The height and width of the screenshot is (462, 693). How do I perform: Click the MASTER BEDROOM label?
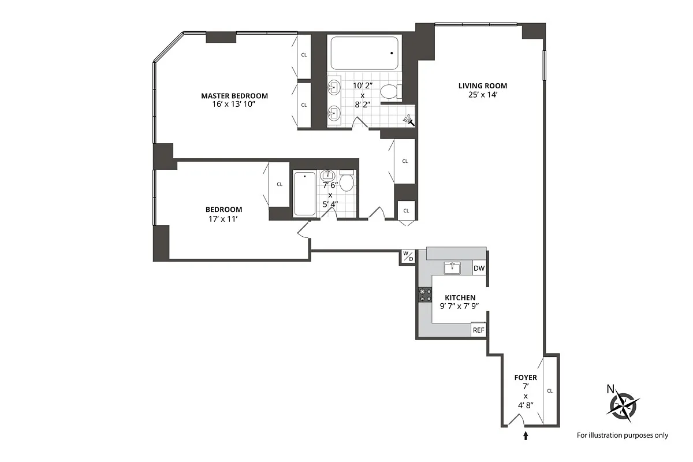(234, 96)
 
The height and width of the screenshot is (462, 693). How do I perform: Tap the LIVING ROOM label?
(483, 85)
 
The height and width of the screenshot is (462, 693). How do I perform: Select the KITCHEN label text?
(460, 297)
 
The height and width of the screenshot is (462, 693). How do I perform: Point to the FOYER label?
(526, 378)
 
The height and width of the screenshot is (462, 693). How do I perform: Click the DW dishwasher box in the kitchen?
(479, 269)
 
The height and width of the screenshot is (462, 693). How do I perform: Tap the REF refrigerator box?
(478, 330)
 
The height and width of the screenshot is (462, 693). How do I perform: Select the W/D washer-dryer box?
(408, 256)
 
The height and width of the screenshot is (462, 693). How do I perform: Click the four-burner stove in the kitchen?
(425, 295)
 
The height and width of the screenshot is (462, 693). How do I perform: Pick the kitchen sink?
(452, 268)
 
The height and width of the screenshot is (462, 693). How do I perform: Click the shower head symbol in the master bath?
(409, 120)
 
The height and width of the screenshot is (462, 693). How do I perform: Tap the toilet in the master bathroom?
(391, 92)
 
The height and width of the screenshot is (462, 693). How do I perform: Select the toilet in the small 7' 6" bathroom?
(347, 181)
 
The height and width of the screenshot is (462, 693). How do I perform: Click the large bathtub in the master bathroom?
(364, 53)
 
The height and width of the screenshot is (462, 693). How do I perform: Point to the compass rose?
(623, 406)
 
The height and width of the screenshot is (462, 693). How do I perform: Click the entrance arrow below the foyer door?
(526, 435)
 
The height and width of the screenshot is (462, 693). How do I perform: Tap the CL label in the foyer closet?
(550, 391)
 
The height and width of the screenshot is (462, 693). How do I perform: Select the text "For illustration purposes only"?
(623, 435)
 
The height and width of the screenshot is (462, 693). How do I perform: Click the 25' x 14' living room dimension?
(483, 95)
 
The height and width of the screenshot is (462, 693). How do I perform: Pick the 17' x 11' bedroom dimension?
(223, 219)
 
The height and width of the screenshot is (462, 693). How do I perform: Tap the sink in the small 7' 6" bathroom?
(327, 176)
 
